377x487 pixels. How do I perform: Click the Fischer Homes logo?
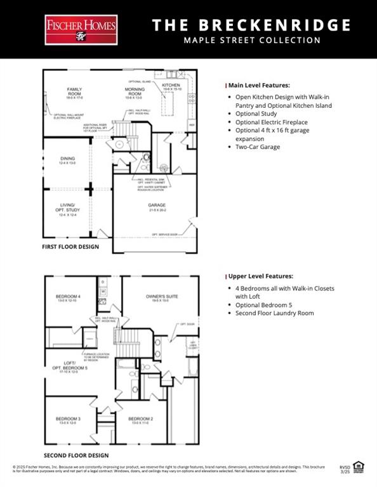click(x=81, y=30)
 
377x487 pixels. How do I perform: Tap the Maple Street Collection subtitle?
click(x=252, y=41)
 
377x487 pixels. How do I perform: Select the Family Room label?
click(x=76, y=91)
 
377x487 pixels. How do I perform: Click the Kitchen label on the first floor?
click(x=171, y=86)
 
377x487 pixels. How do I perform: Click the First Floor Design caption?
click(x=70, y=247)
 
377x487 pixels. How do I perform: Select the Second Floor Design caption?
click(x=76, y=455)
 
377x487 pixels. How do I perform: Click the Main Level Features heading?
click(x=259, y=85)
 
